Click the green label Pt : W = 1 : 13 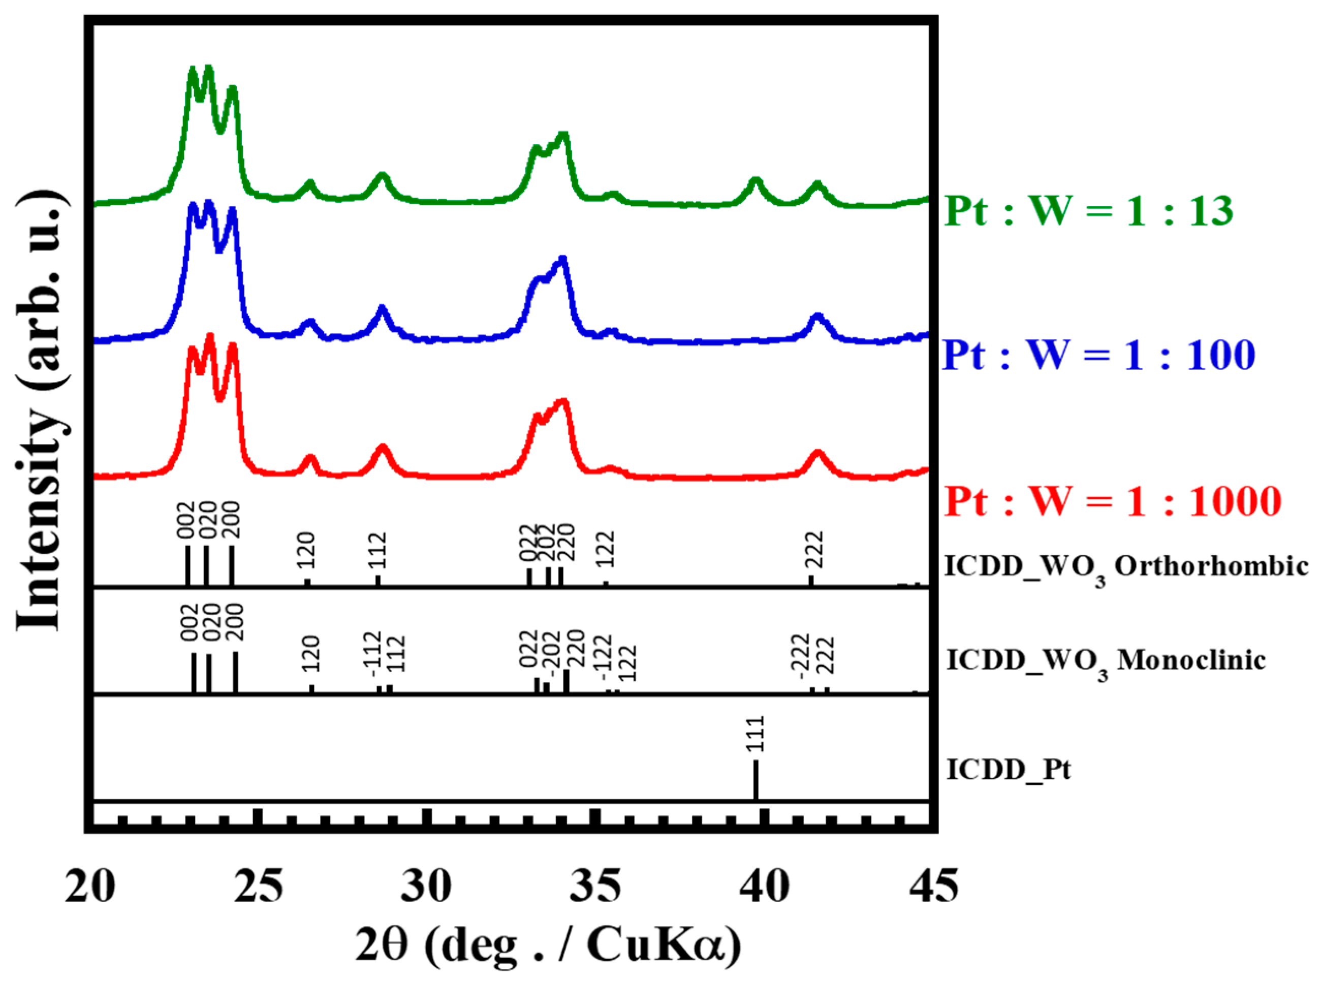coord(1088,211)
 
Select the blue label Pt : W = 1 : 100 coord(1098,355)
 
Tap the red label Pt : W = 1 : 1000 coord(1112,501)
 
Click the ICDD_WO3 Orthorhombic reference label coord(1126,567)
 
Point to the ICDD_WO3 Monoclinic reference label coord(1106,661)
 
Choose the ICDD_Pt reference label coord(1009,770)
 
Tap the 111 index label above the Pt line coord(756,734)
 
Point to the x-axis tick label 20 coord(90,886)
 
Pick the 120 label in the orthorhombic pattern coord(306,550)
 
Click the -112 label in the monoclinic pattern coord(373,654)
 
